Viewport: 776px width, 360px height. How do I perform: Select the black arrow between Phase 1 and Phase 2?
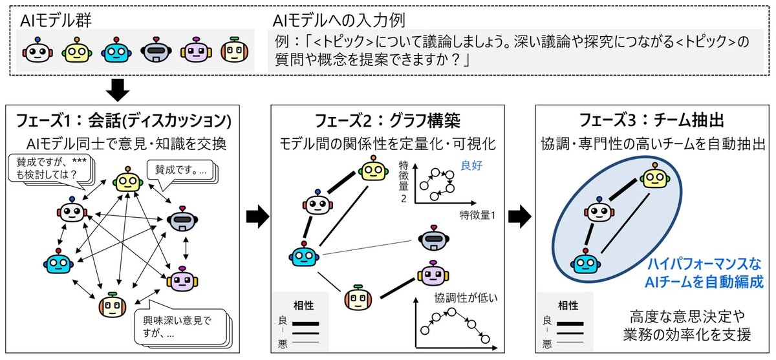click(257, 217)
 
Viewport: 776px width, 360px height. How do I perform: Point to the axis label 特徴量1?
click(477, 215)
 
